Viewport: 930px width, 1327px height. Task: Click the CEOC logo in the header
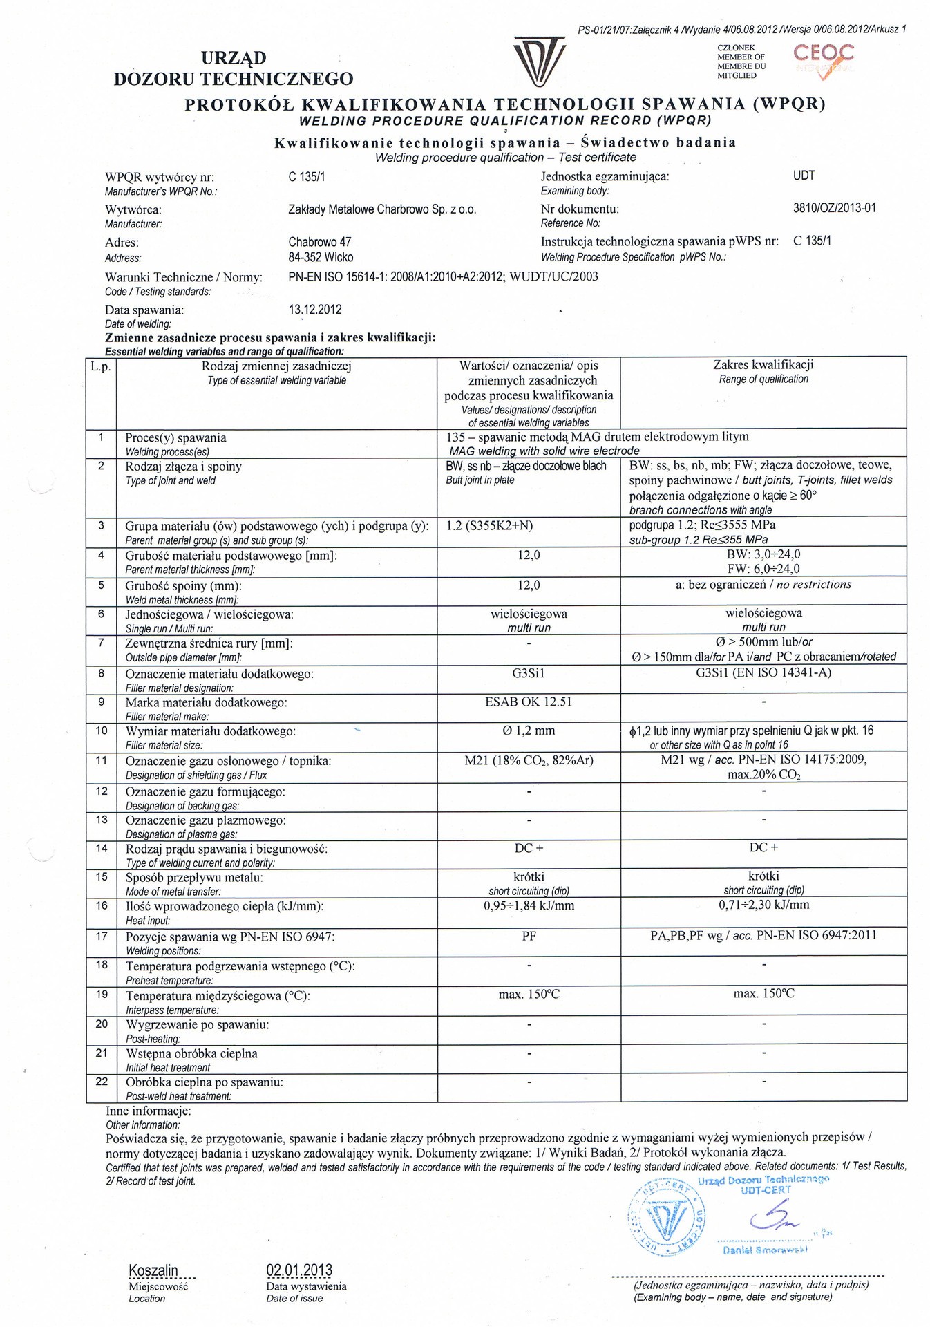click(x=823, y=59)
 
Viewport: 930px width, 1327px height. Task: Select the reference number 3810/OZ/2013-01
click(x=834, y=208)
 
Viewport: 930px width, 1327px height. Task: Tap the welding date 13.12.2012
click(x=314, y=310)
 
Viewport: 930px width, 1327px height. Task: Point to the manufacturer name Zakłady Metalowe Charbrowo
click(x=381, y=209)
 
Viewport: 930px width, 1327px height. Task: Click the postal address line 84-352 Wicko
click(x=321, y=257)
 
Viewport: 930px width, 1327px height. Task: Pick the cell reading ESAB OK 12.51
click(x=529, y=702)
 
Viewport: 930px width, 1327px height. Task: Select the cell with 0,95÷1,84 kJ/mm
click(x=529, y=905)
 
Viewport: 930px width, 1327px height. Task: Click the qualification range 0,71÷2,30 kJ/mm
click(x=763, y=905)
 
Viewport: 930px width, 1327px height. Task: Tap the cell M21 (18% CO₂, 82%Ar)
click(x=529, y=760)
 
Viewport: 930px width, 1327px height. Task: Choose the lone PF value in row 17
click(x=529, y=937)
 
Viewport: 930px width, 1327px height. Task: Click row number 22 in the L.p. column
click(x=102, y=1081)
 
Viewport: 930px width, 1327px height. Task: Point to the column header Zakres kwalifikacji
click(x=763, y=365)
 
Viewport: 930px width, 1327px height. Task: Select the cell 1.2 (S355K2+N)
click(x=489, y=525)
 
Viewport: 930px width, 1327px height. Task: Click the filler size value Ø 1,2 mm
click(x=529, y=731)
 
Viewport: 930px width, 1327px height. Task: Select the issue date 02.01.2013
click(x=298, y=1270)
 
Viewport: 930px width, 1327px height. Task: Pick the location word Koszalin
click(x=153, y=1270)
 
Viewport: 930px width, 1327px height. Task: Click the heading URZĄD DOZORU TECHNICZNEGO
click(x=233, y=68)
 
